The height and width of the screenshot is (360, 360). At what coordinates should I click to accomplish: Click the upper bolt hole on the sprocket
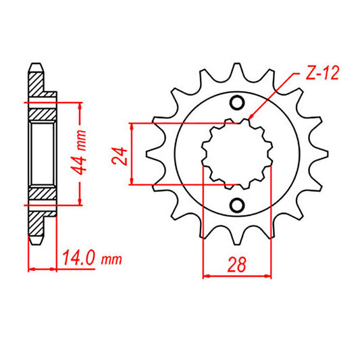(237, 103)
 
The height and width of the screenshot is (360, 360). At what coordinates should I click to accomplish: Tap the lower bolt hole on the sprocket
(237, 205)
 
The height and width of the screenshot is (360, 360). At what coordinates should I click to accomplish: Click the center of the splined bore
(237, 154)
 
